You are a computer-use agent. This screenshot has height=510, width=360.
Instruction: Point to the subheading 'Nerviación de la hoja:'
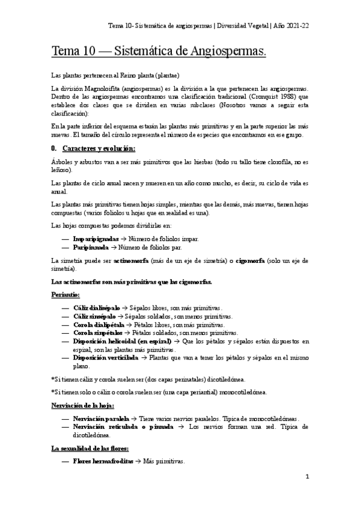(81, 406)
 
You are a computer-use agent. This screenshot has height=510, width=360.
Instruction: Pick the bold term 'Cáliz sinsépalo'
(94, 316)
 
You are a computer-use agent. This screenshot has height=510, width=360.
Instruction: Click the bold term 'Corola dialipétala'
(98, 324)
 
